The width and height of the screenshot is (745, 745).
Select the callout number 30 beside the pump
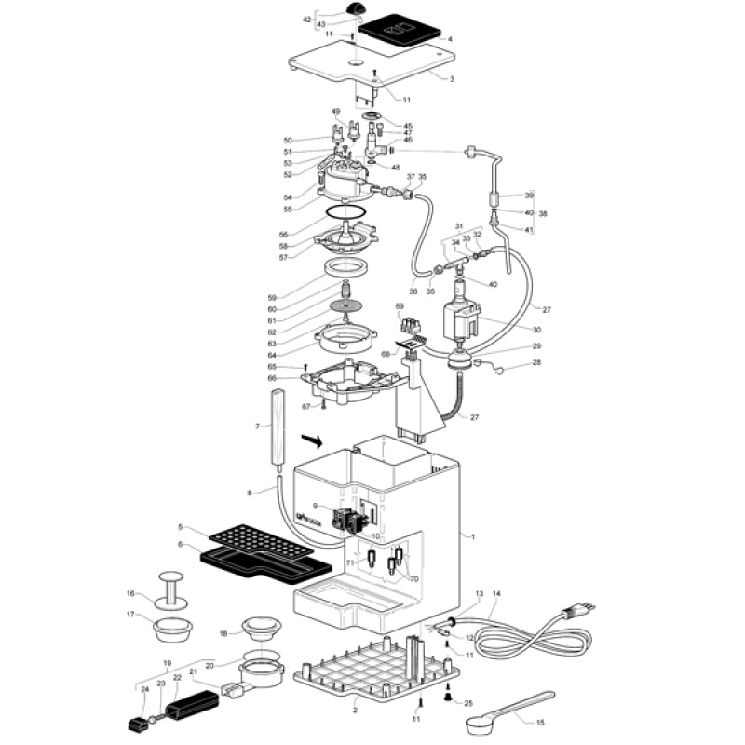click(x=536, y=329)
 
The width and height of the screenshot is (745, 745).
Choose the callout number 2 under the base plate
click(x=355, y=711)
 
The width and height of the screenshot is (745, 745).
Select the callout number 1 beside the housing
click(x=474, y=536)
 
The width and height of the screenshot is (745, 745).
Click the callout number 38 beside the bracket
click(x=543, y=213)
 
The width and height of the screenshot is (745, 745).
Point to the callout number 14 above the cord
click(x=496, y=592)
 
